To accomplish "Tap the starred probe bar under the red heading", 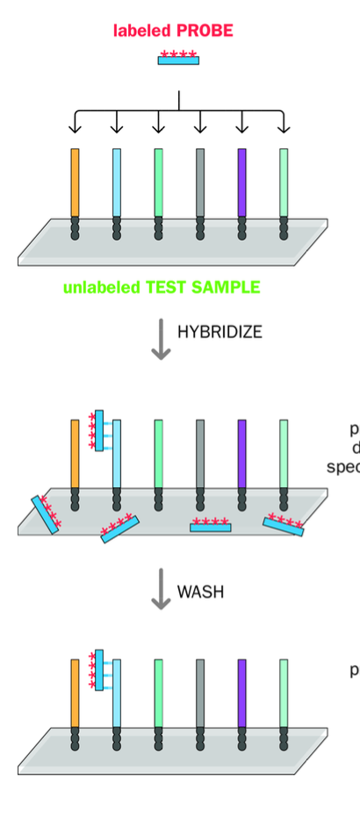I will click(x=178, y=59).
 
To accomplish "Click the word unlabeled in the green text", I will click(x=96, y=287).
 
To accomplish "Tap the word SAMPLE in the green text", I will click(x=230, y=287).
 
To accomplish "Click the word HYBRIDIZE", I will click(x=220, y=332).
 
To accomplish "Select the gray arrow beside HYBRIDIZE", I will click(x=160, y=340).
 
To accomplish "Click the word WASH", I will click(x=200, y=592).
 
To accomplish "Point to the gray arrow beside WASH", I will click(x=160, y=588).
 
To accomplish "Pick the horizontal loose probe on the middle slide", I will click(x=211, y=526).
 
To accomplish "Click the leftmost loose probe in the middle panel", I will click(x=45, y=514).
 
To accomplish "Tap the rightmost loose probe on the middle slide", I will click(x=284, y=524).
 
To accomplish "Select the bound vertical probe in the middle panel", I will click(x=98, y=430).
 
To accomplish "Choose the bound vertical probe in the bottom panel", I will click(x=98, y=670).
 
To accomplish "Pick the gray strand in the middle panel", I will click(x=200, y=452).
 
